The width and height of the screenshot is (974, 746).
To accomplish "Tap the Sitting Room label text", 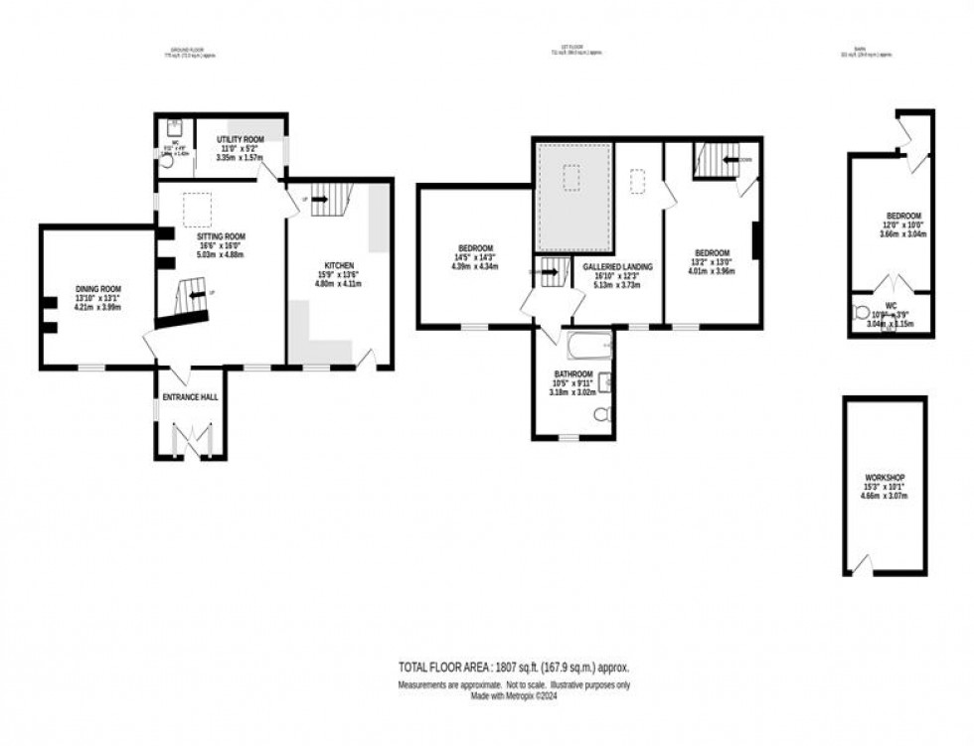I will [221, 236].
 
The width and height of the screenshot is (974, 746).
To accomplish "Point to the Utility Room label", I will [239, 139].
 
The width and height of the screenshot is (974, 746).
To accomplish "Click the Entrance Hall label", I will [190, 396].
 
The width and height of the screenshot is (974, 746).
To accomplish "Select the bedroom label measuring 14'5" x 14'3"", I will [474, 248].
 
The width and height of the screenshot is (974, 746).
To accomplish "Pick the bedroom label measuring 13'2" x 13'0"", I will [713, 252].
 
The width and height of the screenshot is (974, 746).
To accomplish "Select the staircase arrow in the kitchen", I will [320, 199].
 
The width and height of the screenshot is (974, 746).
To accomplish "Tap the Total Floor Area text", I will [513, 669].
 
